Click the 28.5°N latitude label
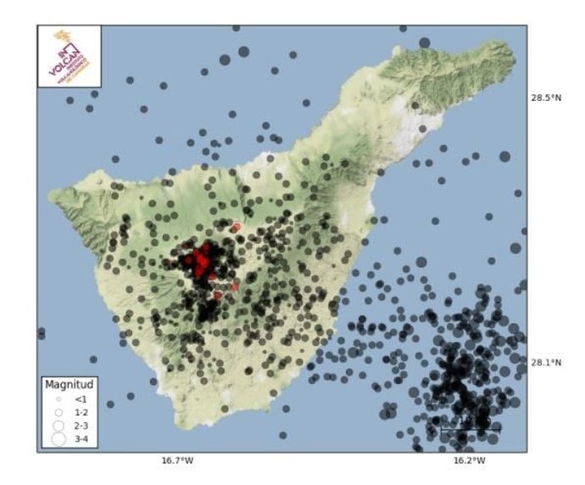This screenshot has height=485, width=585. pyautogui.click(x=547, y=98)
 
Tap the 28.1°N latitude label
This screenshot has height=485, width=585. pyautogui.click(x=547, y=363)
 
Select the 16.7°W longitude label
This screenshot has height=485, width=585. pyautogui.click(x=177, y=461)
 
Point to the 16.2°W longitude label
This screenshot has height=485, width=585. pyautogui.click(x=469, y=461)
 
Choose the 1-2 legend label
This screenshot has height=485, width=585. pyautogui.click(x=81, y=411)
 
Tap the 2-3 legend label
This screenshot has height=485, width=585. pyautogui.click(x=81, y=424)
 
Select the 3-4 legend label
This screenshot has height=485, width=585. pyautogui.click(x=81, y=438)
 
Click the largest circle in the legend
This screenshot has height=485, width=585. pyautogui.click(x=58, y=438)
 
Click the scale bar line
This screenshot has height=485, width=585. pyautogui.click(x=470, y=432)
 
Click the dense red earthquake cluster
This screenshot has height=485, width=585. pyautogui.click(x=202, y=262)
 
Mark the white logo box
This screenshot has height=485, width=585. pyautogui.click(x=70, y=56)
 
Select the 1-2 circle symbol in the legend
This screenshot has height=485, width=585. pyautogui.click(x=58, y=411)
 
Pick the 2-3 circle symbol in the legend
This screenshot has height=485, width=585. pyautogui.click(x=58, y=424)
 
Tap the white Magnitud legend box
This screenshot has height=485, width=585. pyautogui.click(x=67, y=413)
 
